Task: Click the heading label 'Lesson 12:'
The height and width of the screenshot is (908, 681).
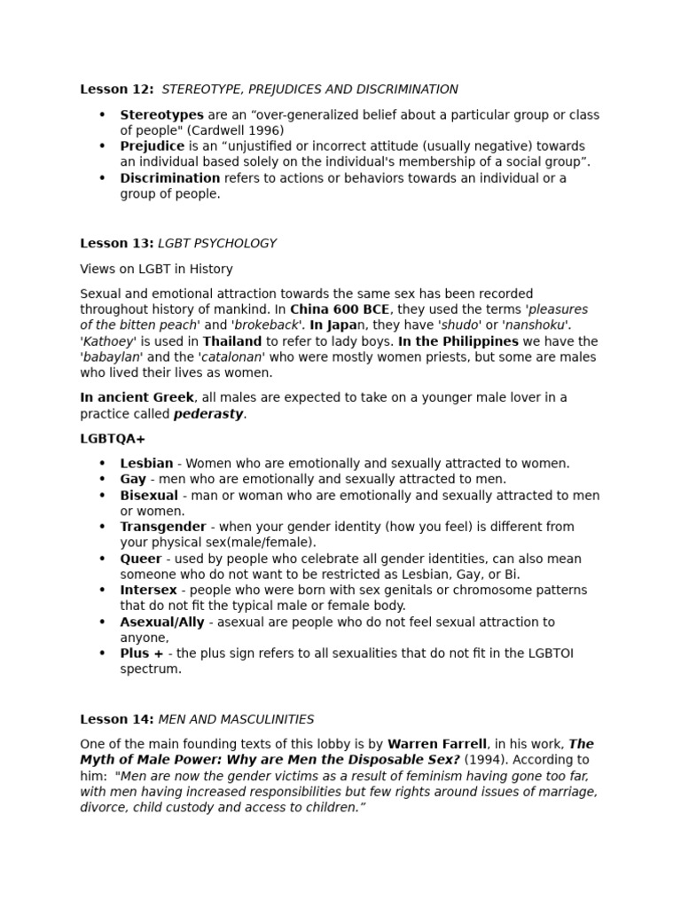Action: [117, 90]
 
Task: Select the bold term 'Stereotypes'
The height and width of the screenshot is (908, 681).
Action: [161, 115]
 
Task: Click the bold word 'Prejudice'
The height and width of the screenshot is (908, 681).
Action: [153, 146]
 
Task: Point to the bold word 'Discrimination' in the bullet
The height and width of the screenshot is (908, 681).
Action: [170, 178]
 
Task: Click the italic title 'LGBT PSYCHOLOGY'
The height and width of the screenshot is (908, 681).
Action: [217, 243]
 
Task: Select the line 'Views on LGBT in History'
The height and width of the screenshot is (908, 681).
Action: [156, 269]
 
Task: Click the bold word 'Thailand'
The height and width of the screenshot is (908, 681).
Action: [232, 341]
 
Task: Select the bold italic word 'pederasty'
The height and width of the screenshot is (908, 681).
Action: [208, 414]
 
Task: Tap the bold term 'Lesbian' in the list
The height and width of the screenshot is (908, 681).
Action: [146, 464]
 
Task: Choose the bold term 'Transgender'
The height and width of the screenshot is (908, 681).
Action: [163, 527]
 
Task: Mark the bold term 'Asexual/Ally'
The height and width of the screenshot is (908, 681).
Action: [162, 622]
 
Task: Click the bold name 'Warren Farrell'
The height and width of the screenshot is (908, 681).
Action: [437, 744]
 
